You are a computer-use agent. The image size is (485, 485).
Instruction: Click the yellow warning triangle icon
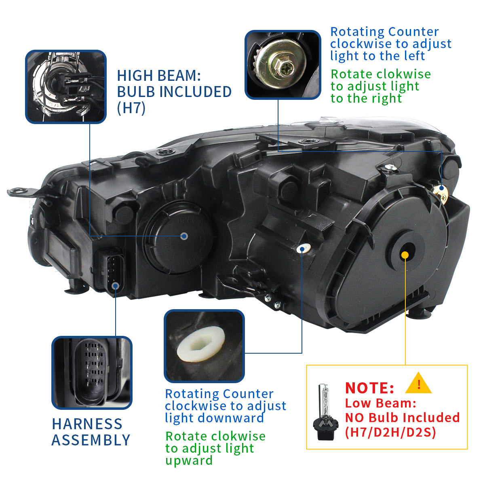418,384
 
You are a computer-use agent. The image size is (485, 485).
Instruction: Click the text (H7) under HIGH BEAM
131,108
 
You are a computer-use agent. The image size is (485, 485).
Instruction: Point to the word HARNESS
87,424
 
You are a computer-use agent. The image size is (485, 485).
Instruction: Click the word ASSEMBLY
91,440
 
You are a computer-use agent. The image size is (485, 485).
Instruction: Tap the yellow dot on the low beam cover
405,255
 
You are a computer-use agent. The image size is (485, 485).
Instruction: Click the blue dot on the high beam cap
184,236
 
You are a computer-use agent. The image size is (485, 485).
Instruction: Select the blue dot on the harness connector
116,286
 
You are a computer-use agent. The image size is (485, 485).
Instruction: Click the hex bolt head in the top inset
285,65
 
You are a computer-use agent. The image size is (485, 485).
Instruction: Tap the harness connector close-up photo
92,372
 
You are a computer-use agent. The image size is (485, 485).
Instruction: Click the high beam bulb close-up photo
66,86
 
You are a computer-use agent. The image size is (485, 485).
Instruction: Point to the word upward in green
189,460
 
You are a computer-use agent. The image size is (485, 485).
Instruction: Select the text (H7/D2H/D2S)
390,432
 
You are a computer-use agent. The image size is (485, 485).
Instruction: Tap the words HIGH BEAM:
158,76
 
